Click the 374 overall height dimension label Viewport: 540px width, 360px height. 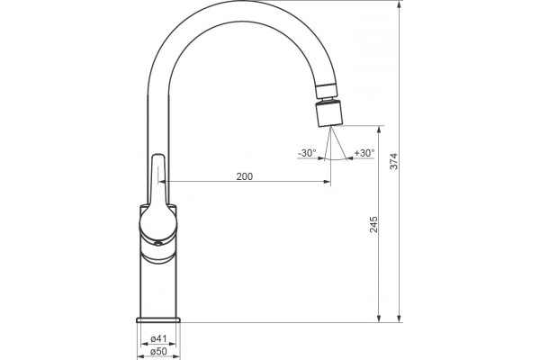pyautogui.click(x=393, y=161)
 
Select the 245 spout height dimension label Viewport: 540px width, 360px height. pyautogui.click(x=373, y=224)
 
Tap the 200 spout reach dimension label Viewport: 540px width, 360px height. pyautogui.click(x=245, y=176)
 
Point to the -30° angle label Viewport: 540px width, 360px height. pyautogui.click(x=307, y=153)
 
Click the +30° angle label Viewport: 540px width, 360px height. pyautogui.click(x=364, y=153)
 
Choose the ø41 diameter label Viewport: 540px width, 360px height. pyautogui.click(x=158, y=338)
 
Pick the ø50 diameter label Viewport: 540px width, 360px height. pyautogui.click(x=158, y=351)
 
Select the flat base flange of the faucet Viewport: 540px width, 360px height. pyautogui.click(x=158, y=320)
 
